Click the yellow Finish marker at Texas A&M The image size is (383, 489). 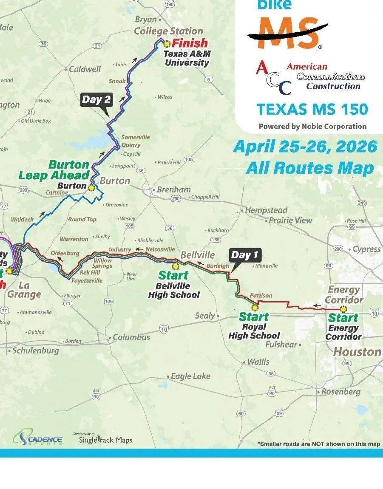click(167, 43)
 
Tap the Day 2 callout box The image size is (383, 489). click(96, 100)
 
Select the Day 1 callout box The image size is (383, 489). click(244, 255)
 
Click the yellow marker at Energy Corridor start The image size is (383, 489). click(343, 309)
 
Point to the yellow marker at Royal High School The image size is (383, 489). click(255, 308)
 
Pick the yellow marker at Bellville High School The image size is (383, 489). click(175, 266)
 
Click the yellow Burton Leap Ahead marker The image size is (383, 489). click(91, 187)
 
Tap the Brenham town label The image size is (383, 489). click(173, 190)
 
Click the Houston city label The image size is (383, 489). click(357, 352)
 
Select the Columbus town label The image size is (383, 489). click(131, 337)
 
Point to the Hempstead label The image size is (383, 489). click(267, 210)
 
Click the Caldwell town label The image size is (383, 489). click(85, 69)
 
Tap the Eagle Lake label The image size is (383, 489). click(190, 376)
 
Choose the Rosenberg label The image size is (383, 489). click(340, 392)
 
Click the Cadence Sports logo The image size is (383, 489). click(38, 438)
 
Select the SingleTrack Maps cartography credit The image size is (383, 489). click(105, 439)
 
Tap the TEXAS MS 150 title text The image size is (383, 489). click(312, 109)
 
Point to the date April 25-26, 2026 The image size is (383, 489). click(305, 147)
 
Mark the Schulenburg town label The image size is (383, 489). click(35, 351)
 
